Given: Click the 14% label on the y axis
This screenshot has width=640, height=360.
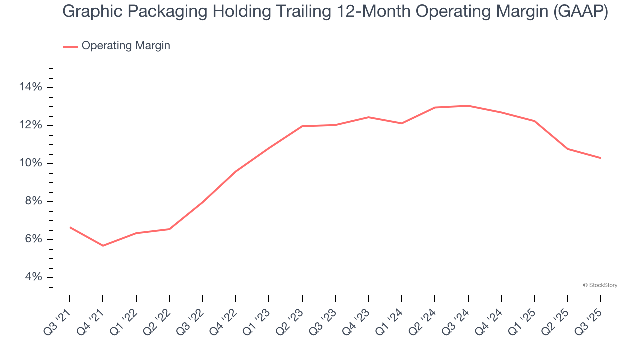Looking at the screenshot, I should (30, 88).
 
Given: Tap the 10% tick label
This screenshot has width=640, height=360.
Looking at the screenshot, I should (30, 164).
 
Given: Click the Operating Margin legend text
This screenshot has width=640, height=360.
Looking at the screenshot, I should (126, 46).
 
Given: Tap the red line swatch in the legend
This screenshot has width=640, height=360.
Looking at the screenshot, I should (70, 46).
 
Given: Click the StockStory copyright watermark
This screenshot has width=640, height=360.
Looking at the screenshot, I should (600, 285).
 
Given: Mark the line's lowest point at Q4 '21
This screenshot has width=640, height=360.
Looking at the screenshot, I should (103, 246).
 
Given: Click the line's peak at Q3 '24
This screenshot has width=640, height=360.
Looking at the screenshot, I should (468, 106).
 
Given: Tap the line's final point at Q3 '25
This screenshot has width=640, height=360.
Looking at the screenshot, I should (600, 158).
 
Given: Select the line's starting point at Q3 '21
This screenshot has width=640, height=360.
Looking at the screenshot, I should (70, 227).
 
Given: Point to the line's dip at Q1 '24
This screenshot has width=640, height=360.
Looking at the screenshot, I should (401, 123).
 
